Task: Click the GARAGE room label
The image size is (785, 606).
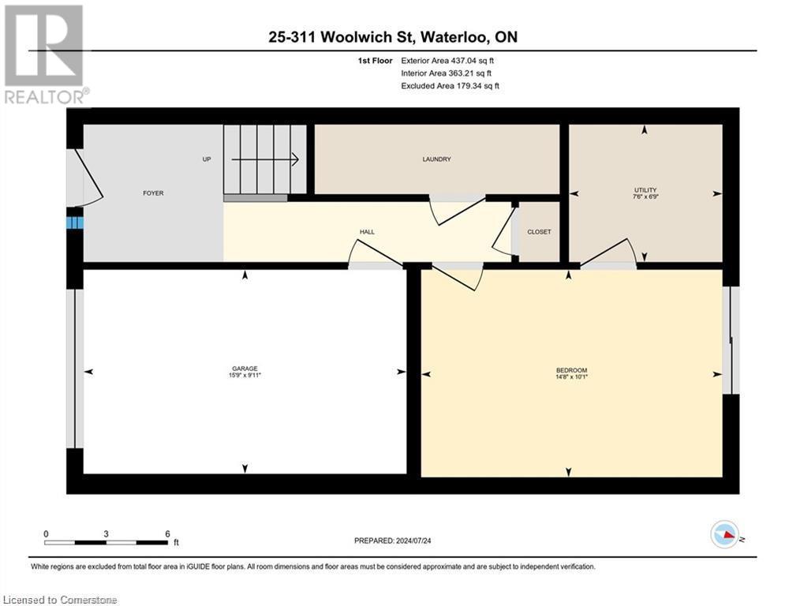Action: [245, 368]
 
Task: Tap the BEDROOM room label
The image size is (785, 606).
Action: [571, 370]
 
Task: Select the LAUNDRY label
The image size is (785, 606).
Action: [436, 159]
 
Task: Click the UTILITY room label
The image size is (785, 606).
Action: [645, 190]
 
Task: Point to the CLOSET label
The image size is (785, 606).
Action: [539, 232]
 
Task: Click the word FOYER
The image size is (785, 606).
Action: [153, 193]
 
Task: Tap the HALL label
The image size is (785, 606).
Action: [367, 232]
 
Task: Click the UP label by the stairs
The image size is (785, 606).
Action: [207, 159]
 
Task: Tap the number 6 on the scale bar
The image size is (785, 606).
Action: [167, 533]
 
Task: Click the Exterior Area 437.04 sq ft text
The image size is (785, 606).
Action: [448, 61]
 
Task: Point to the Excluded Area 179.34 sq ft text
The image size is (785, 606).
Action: [450, 86]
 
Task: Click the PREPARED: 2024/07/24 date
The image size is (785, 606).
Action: [394, 541]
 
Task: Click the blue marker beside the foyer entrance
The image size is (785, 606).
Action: [74, 223]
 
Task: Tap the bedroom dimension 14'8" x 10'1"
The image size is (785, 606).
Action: [571, 377]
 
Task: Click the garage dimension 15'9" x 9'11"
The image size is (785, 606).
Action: [245, 376]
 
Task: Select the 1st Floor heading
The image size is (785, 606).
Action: [372, 61]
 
